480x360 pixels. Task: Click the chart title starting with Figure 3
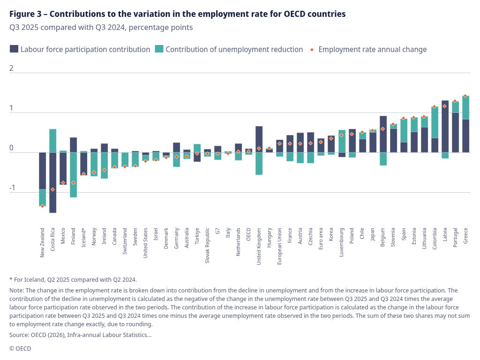tap(177, 14)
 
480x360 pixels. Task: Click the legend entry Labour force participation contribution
tap(85, 49)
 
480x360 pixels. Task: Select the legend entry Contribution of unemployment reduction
tap(234, 49)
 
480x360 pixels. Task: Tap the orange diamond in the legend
tap(312, 49)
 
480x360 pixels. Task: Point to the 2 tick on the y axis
tap(12, 68)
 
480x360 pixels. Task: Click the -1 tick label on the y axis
tap(13, 188)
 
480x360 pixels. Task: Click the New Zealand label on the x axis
tap(42, 242)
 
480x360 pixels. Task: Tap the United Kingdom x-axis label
tap(259, 246)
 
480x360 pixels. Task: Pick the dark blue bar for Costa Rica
tap(52, 182)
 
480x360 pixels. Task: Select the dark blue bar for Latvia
tap(445, 126)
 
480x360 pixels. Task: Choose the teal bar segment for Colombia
tap(435, 122)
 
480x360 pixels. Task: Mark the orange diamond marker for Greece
tap(465, 96)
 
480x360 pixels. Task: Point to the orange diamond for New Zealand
tap(42, 206)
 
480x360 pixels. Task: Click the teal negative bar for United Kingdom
tap(259, 164)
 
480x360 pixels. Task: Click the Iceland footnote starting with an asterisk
tap(73, 279)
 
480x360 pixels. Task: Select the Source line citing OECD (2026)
tap(80, 335)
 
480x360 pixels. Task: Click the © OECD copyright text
tap(20, 348)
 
